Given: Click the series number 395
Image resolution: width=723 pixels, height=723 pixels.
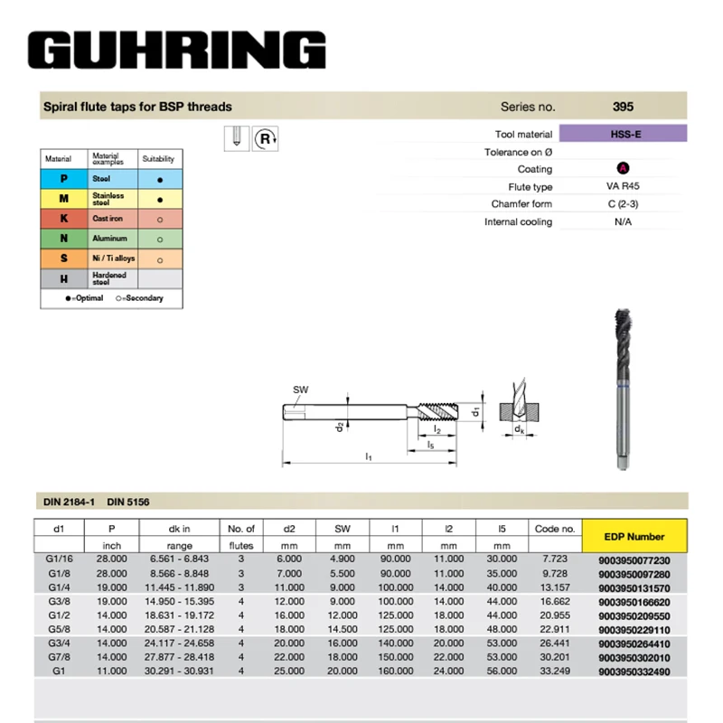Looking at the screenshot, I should coord(623,107).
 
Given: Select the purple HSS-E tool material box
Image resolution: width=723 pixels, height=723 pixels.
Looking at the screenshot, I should coord(624,134).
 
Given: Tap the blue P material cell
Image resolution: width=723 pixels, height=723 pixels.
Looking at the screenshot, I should coord(64,180).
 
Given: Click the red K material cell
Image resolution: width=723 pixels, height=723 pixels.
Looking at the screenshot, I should coord(64,219).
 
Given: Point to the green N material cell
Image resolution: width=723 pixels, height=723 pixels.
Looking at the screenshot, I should coord(64,239).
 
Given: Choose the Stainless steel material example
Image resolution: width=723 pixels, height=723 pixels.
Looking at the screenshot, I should coord(108,199).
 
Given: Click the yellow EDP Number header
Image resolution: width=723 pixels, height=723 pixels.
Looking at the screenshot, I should coord(634,536).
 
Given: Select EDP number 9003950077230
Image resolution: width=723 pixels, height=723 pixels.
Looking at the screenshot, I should coord(634,560).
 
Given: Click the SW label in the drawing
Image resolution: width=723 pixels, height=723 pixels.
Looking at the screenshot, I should coord(300,390).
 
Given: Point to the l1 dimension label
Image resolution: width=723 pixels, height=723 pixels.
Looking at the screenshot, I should coord(369,457).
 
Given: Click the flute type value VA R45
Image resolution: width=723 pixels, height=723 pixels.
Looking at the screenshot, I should coord(623,187).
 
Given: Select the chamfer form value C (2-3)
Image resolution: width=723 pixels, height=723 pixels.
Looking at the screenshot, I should coord(623,204).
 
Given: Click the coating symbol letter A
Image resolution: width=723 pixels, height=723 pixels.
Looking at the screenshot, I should coord(623,169).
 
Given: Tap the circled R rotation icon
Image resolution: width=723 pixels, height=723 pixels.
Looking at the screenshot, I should coord(266,138).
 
